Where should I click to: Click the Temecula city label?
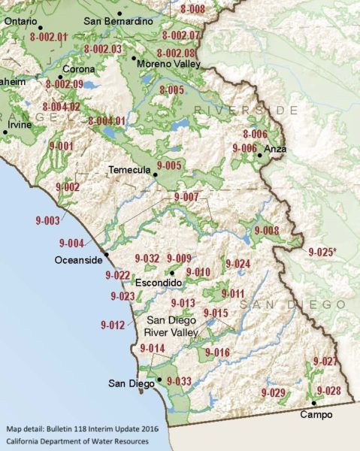click(x=129, y=170)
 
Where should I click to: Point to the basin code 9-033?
click(x=179, y=382)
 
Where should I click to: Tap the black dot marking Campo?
click(x=313, y=404)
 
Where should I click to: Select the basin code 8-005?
click(x=171, y=90)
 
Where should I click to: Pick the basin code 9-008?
click(x=267, y=230)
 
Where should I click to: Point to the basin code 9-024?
click(x=237, y=264)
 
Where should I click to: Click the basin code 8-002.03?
click(x=103, y=49)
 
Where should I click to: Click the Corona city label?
click(x=78, y=69)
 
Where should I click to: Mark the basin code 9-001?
click(x=61, y=145)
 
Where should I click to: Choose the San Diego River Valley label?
click(x=173, y=326)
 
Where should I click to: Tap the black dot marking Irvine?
click(x=5, y=132)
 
